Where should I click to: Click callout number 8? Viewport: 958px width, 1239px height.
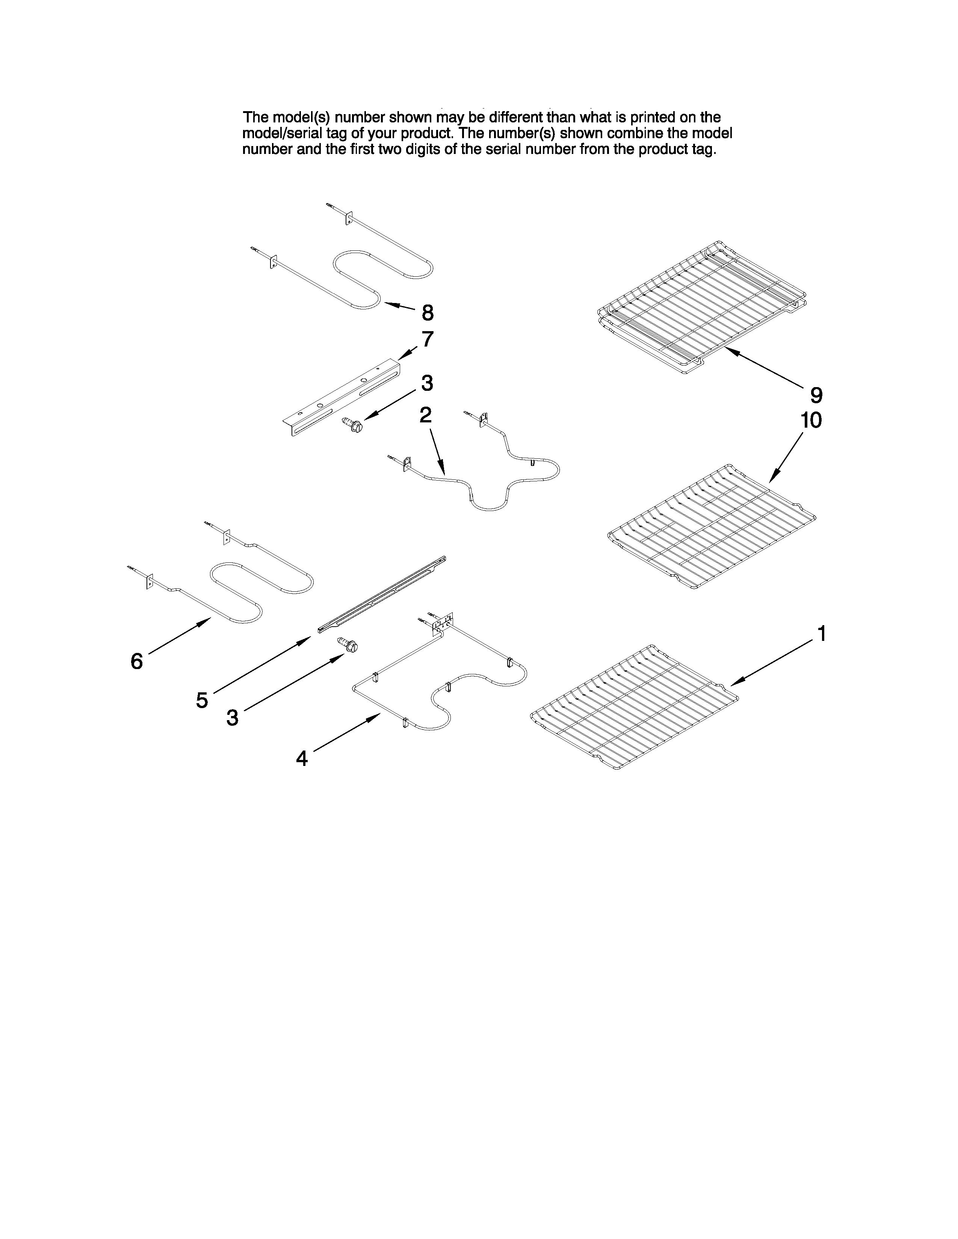[x=428, y=313]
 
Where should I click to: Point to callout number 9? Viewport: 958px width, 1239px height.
[x=816, y=395]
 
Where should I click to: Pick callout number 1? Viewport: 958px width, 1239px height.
[x=820, y=634]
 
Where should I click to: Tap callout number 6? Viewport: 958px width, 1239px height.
[x=137, y=661]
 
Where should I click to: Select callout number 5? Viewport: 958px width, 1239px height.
[x=202, y=701]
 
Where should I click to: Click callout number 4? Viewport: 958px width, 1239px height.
[x=302, y=758]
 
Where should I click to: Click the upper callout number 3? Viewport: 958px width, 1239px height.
[x=427, y=383]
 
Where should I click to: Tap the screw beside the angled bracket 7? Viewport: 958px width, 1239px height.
[x=351, y=423]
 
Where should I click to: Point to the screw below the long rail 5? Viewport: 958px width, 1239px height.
[x=350, y=645]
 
